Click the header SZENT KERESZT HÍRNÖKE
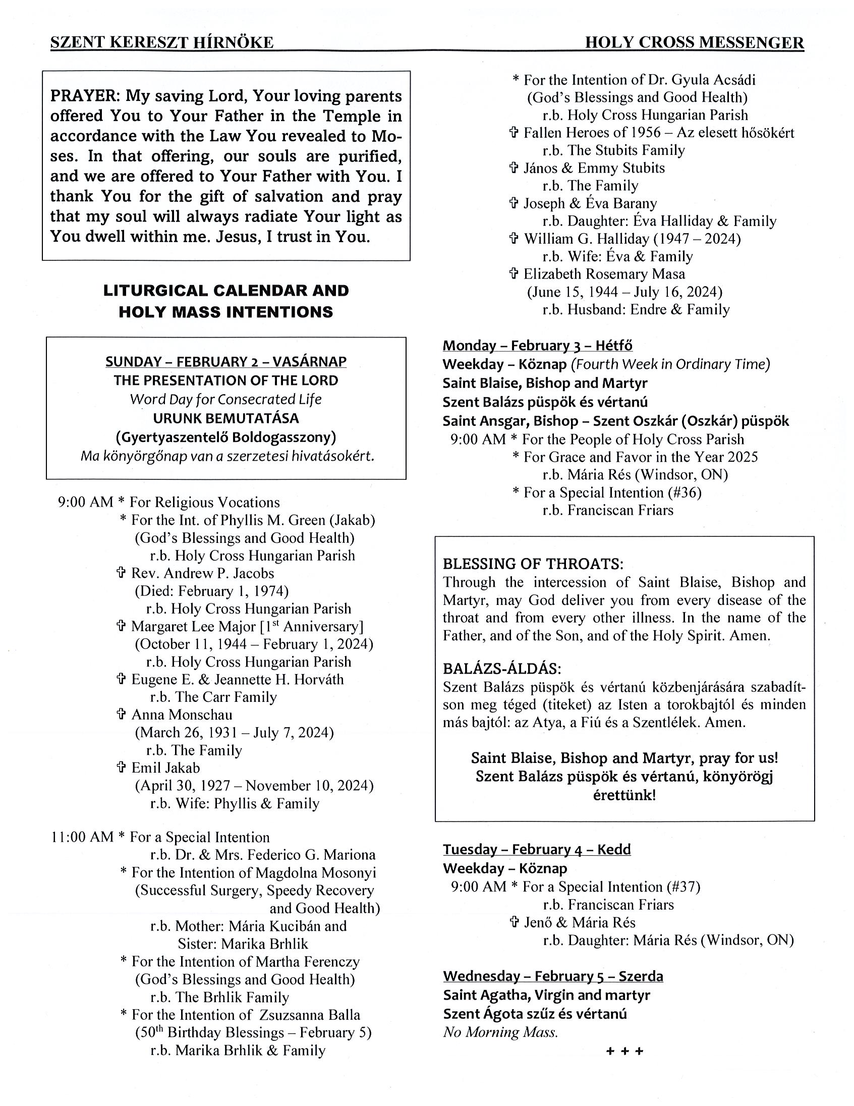click(162, 42)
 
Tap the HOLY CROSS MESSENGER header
click(694, 42)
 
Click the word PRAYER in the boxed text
click(84, 96)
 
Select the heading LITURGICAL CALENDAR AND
click(226, 291)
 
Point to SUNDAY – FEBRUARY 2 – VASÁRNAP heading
click(226, 362)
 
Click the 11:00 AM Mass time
click(82, 837)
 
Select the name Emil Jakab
click(165, 768)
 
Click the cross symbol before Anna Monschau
click(121, 714)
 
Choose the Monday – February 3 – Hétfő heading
click(538, 345)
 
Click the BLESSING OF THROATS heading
click(533, 564)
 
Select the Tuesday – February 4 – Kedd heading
click(537, 849)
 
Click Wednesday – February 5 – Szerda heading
click(553, 976)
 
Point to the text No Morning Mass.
click(501, 1032)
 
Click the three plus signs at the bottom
click(624, 1052)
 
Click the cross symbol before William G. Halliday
click(514, 239)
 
